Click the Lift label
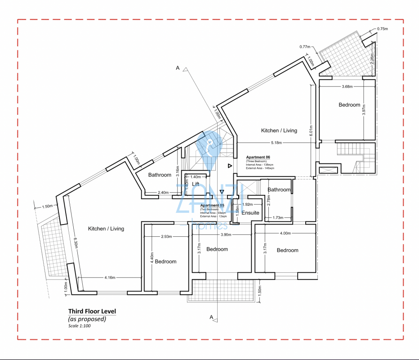pos(195,184)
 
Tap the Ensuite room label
pos(250,212)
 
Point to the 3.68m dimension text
pos(347,86)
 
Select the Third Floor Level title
pos(92,311)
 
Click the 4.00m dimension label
pos(285,233)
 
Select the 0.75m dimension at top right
pos(382,29)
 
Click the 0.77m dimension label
pos(305,46)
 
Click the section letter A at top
pos(178,68)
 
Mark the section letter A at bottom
pos(211,317)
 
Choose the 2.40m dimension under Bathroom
pos(163,193)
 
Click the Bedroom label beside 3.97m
pos(349,105)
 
